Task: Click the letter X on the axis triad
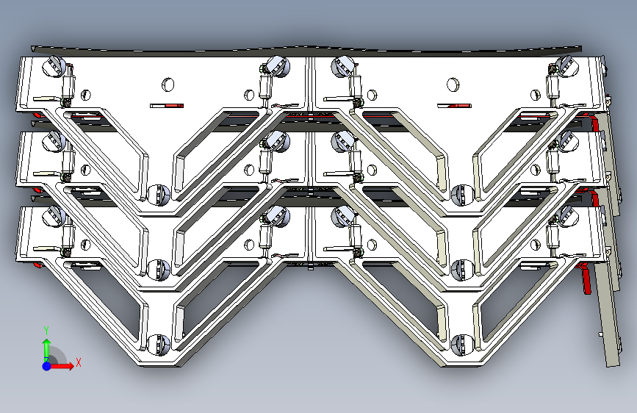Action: [79, 362]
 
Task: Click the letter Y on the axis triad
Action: [46, 330]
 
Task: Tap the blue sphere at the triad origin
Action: [47, 366]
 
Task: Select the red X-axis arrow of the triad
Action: [61, 366]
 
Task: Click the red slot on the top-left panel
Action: [167, 106]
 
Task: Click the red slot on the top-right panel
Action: [454, 106]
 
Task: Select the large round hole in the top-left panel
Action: [168, 85]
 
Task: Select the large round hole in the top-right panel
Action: [453, 85]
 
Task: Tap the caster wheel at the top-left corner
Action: [54, 66]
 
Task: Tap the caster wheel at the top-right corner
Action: [567, 66]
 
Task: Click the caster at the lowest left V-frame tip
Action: [158, 344]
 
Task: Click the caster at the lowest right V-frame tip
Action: [462, 345]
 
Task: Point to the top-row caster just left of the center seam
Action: [278, 66]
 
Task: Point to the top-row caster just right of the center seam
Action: [342, 66]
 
